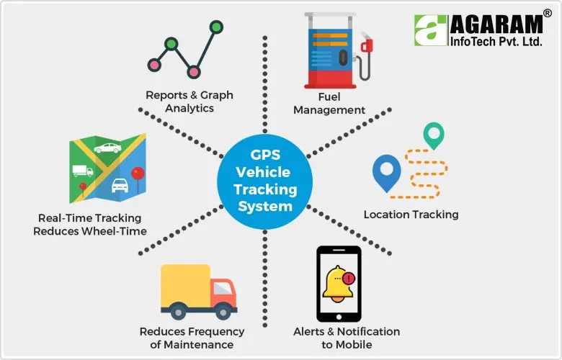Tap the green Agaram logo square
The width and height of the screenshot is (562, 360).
coord(431,30)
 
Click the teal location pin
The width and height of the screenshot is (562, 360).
coord(433,134)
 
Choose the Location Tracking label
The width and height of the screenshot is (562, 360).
coord(411,215)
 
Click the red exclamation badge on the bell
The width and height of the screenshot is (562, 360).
coord(349,277)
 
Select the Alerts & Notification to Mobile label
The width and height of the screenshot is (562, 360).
coord(346,338)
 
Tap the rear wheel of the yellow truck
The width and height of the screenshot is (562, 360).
coord(177,310)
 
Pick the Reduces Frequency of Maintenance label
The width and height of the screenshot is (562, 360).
coord(191,338)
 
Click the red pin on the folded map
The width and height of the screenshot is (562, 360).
coord(137,174)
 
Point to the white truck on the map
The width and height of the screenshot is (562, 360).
coord(82,171)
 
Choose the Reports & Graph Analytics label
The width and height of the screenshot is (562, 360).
coord(189,102)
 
